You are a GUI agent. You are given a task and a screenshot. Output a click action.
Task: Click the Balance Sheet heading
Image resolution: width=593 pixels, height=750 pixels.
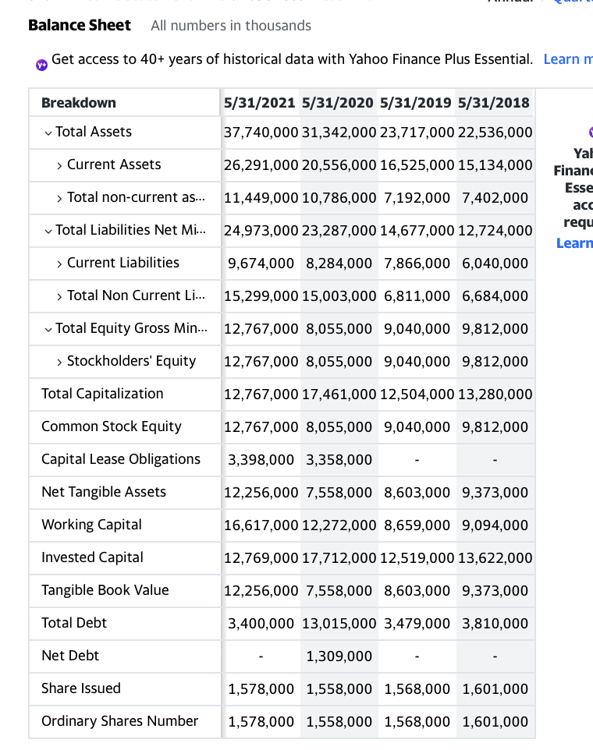[x=79, y=25]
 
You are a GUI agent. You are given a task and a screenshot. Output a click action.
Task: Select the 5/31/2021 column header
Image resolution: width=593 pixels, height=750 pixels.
[x=260, y=103]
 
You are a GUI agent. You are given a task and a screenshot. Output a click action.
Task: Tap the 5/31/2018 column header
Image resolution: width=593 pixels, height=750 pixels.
[x=494, y=103]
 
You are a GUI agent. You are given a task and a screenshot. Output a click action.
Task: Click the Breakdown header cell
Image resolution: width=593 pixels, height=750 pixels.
[x=79, y=103]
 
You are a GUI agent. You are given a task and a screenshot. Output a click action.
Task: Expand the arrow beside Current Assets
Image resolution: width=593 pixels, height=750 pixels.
[x=59, y=165]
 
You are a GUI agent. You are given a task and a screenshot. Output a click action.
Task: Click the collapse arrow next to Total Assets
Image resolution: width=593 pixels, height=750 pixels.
[x=48, y=133]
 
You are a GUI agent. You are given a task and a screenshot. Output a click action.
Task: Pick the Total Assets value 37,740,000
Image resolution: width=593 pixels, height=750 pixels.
[x=261, y=133]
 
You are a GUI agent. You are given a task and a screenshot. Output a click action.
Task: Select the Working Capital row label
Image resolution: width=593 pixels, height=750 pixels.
[x=91, y=525]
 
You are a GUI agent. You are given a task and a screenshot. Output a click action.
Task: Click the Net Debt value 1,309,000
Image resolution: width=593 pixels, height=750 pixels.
[x=339, y=656]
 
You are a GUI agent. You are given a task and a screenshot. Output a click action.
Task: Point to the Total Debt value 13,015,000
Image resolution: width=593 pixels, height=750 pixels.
[x=339, y=623]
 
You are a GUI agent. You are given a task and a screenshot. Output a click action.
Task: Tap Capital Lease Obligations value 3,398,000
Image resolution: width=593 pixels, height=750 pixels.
[x=261, y=459]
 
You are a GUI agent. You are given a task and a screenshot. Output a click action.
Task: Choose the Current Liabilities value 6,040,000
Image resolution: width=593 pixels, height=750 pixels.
[x=495, y=264]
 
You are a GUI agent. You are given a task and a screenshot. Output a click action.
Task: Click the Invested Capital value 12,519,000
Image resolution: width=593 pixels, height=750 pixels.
[x=417, y=557]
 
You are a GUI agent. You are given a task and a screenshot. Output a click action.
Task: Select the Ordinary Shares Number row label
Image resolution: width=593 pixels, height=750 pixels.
[x=119, y=721]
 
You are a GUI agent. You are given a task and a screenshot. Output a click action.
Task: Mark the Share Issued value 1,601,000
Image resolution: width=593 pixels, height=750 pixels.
[x=495, y=688]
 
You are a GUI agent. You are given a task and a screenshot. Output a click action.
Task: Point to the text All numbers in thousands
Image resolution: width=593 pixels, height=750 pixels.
[x=231, y=26]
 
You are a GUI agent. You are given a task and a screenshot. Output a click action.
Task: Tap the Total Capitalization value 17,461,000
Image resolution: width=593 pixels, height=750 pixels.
[x=339, y=394]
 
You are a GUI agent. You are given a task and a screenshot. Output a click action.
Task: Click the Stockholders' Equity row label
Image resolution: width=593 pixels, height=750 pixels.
[x=131, y=361]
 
